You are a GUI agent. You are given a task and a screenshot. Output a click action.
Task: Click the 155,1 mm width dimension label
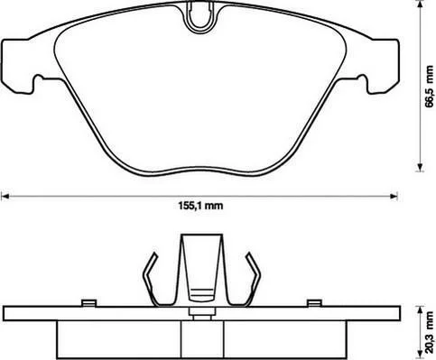pyautogui.click(x=200, y=206)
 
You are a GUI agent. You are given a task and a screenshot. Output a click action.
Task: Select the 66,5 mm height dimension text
pyautogui.click(x=430, y=87)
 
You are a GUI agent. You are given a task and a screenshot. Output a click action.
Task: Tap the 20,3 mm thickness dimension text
pyautogui.click(x=430, y=333)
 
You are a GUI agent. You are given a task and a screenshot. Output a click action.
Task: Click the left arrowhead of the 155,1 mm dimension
pyautogui.click(x=5, y=197)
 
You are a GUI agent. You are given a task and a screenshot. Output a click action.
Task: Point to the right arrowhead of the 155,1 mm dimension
pyautogui.click(x=394, y=197)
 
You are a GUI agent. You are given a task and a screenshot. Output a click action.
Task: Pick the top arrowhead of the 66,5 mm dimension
pyautogui.click(x=420, y=5)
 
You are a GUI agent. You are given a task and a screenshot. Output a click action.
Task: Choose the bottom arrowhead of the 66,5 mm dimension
pyautogui.click(x=420, y=167)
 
